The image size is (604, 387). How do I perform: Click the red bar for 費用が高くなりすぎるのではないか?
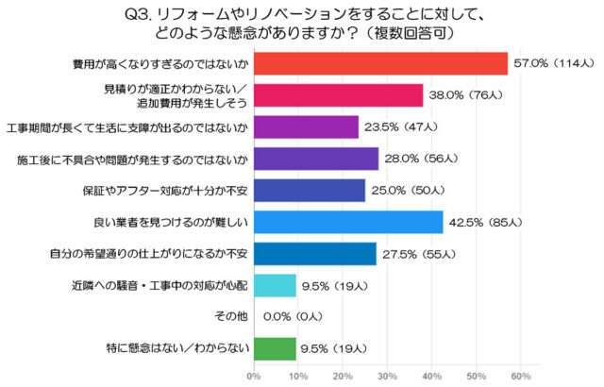[x=380, y=64]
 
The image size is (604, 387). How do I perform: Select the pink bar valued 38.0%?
[x=338, y=95]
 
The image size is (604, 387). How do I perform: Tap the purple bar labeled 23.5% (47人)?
[x=306, y=127]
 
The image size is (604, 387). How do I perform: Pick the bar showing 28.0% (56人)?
[x=315, y=159]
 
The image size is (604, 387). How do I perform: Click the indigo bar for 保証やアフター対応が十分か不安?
[x=309, y=191]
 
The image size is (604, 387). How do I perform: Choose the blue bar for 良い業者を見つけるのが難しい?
[x=348, y=223]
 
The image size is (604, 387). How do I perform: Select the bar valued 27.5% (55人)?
[x=314, y=254]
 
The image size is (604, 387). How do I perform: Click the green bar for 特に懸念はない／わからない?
[x=275, y=349]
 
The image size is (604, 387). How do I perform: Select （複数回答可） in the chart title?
[x=416, y=32]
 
